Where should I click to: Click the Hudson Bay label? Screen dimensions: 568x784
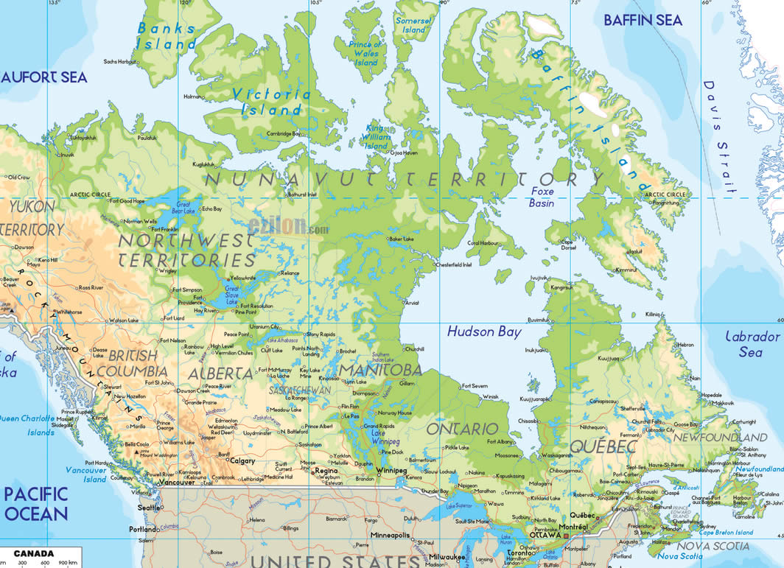click(484, 332)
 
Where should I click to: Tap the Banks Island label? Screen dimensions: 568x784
click(167, 35)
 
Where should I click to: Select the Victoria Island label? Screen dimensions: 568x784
click(270, 102)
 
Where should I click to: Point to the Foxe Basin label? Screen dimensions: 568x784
click(542, 197)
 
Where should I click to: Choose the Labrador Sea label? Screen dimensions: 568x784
click(752, 344)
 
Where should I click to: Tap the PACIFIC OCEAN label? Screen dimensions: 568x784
click(35, 503)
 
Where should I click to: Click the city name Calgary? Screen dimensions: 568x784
click(242, 461)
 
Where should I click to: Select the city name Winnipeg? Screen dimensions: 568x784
click(391, 470)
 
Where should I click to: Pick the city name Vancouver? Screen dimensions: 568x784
click(176, 483)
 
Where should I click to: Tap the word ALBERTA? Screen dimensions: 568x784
click(220, 373)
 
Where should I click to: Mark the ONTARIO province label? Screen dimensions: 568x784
click(463, 428)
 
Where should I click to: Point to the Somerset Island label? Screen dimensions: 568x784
click(413, 25)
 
